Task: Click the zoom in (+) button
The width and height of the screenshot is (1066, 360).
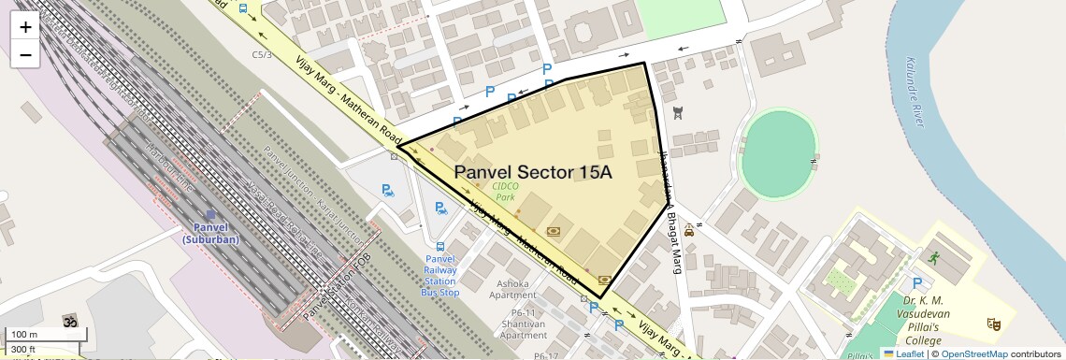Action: pos(25,27)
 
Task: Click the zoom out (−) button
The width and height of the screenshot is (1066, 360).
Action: pos(25,54)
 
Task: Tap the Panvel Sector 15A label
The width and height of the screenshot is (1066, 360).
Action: pos(533,173)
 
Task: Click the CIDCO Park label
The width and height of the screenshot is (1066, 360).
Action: pos(506,191)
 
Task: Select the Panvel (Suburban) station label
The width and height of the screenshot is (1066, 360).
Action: pos(210,234)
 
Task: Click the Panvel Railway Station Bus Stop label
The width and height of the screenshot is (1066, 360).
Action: pos(440,276)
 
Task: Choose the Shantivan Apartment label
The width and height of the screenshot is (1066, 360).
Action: pos(523,329)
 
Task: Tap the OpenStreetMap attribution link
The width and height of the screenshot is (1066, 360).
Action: pos(973,353)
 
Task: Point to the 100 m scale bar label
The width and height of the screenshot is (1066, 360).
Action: pos(24,334)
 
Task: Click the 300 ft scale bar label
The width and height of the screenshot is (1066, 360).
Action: pos(23,349)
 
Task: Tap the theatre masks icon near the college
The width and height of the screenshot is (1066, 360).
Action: pos(993,324)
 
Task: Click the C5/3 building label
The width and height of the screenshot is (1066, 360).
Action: pos(262,55)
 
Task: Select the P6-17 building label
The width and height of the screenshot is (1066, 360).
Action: pos(546,355)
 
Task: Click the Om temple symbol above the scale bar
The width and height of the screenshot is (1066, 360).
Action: pos(67,321)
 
